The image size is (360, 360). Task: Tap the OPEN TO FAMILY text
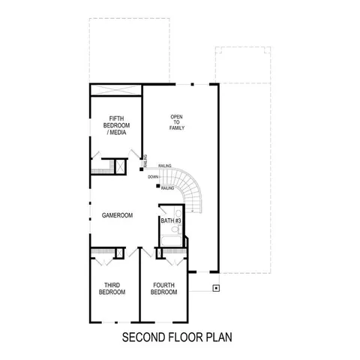point(177,122)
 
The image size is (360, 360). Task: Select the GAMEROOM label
point(118,215)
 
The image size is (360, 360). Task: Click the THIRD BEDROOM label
point(112,288)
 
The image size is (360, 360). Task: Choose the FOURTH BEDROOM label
point(164,288)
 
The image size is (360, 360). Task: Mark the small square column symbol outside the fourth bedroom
point(216,286)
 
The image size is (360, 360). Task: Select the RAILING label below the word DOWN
point(167,189)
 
